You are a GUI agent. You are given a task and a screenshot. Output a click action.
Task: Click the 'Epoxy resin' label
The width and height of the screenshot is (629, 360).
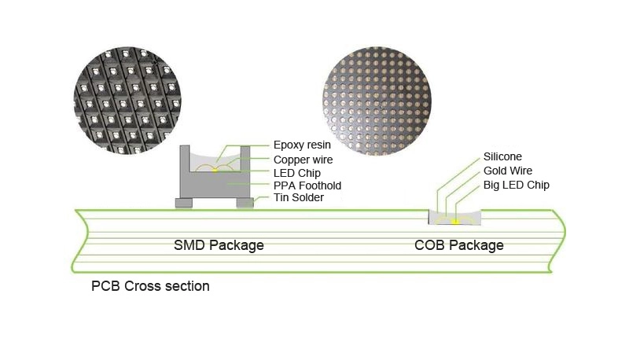coord(302,145)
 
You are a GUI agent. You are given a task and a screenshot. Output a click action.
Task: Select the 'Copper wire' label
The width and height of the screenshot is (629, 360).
coord(303,159)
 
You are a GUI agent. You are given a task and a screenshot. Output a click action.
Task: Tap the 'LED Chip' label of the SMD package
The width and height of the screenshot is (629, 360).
coord(296,172)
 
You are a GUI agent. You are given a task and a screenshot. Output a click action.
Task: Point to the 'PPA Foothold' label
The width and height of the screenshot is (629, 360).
coord(307,186)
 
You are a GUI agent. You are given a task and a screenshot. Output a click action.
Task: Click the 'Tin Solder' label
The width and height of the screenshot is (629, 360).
coord(298,198)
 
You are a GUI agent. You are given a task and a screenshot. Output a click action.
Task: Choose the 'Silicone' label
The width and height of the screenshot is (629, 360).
coord(502,156)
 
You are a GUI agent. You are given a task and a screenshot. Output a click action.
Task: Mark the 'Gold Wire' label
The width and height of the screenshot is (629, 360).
coord(508,171)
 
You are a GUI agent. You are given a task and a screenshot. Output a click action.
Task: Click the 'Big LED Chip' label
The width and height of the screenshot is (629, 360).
coord(517,185)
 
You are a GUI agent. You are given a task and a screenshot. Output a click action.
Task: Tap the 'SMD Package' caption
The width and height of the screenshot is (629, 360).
coord(219,245)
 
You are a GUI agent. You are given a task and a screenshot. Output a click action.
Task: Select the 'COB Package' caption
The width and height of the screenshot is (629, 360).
coord(459,245)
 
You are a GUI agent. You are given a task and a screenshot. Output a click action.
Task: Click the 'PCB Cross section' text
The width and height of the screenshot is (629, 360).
coord(151,286)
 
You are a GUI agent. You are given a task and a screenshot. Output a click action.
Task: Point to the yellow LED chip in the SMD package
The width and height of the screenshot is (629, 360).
coord(215,169)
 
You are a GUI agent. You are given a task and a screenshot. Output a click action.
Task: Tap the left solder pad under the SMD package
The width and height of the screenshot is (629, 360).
coord(183,203)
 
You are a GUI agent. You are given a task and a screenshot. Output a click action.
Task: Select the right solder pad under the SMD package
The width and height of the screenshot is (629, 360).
coord(245,203)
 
